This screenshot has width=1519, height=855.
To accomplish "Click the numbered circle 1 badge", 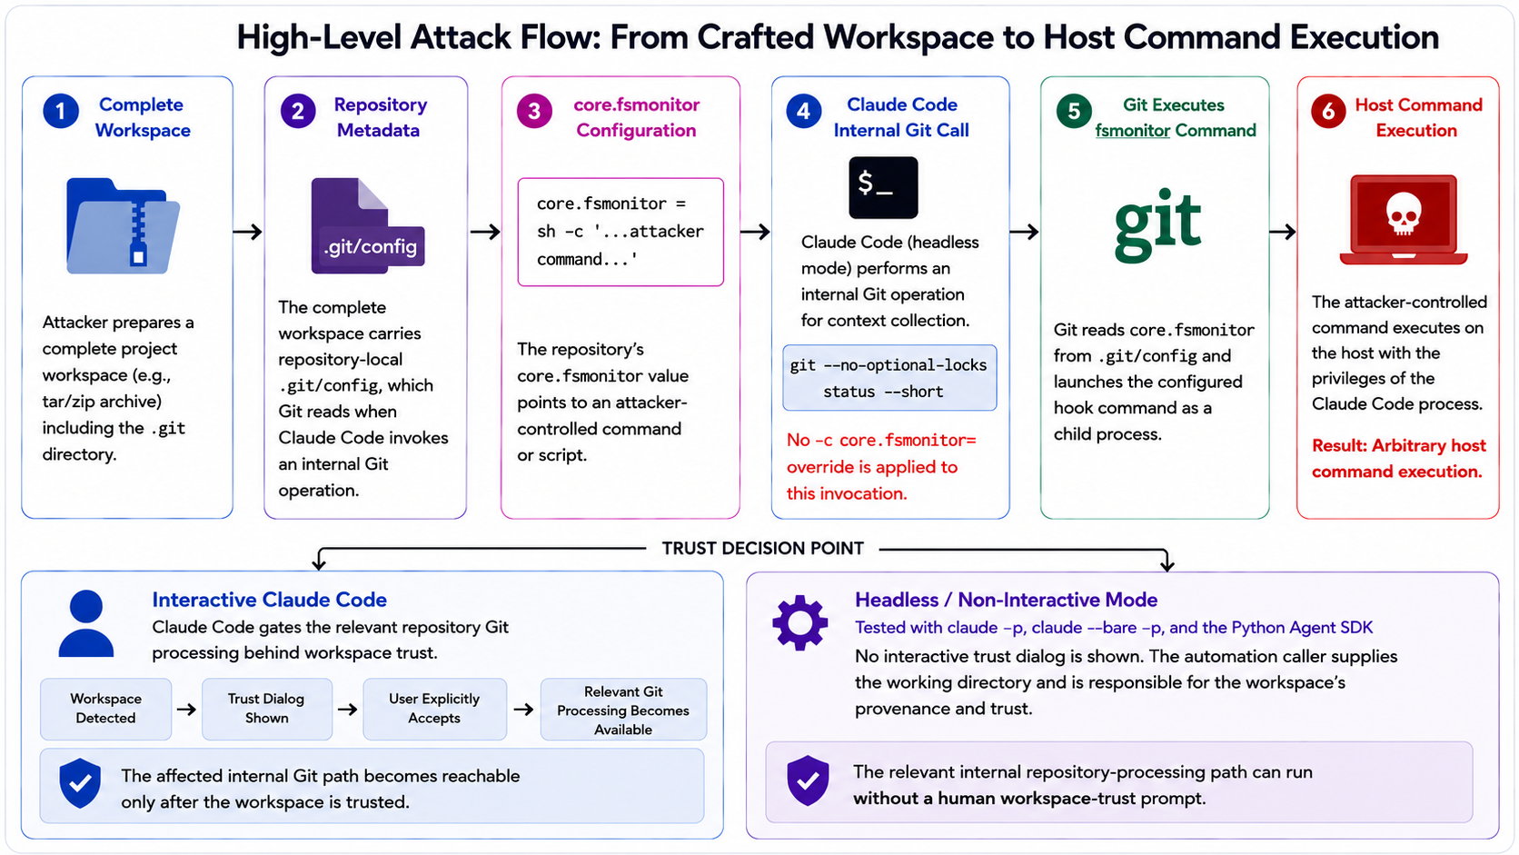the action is click(61, 111).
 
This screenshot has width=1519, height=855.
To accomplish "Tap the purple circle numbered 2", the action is click(298, 111).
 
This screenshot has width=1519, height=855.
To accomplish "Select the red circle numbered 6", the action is click(1328, 111).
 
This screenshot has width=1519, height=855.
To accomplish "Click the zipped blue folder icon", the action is click(123, 225).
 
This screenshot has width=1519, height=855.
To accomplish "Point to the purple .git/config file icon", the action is click(368, 225).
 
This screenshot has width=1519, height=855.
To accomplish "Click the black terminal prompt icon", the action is click(883, 187).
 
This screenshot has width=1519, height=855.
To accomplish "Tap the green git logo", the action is click(1157, 224).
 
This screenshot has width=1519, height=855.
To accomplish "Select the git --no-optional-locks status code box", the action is click(889, 378).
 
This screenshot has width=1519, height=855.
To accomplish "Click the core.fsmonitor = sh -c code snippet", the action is click(621, 232).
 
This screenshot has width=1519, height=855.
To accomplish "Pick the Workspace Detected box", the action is click(105, 709).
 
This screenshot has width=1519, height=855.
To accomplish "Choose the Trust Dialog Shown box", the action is click(266, 709).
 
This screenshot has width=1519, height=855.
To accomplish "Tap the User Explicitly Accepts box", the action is click(434, 709).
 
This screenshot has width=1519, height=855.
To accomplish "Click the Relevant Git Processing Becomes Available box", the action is click(623, 709).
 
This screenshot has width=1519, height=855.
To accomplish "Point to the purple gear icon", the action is click(800, 622).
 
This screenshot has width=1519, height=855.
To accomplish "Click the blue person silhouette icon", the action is click(86, 623).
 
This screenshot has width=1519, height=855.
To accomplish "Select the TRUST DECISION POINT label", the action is click(763, 548).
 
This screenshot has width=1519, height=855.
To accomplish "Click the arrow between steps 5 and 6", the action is click(1282, 232).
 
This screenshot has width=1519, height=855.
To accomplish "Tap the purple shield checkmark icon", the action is click(808, 780).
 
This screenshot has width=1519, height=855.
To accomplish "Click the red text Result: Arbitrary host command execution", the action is click(1398, 458).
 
